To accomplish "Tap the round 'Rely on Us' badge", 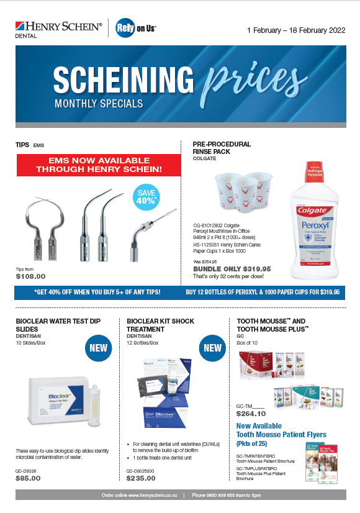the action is (125, 29).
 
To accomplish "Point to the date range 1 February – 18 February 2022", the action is (295, 29).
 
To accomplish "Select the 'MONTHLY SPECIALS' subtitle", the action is (99, 104).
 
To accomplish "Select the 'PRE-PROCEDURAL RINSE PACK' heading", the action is (222, 148).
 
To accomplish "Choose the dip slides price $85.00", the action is (29, 478).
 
